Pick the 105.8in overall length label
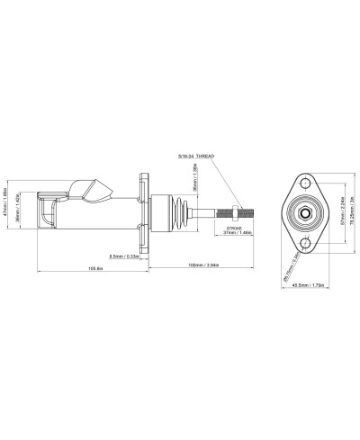coord(90,266)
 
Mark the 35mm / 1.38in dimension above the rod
coord(193,186)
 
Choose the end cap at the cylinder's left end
coord(45,212)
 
